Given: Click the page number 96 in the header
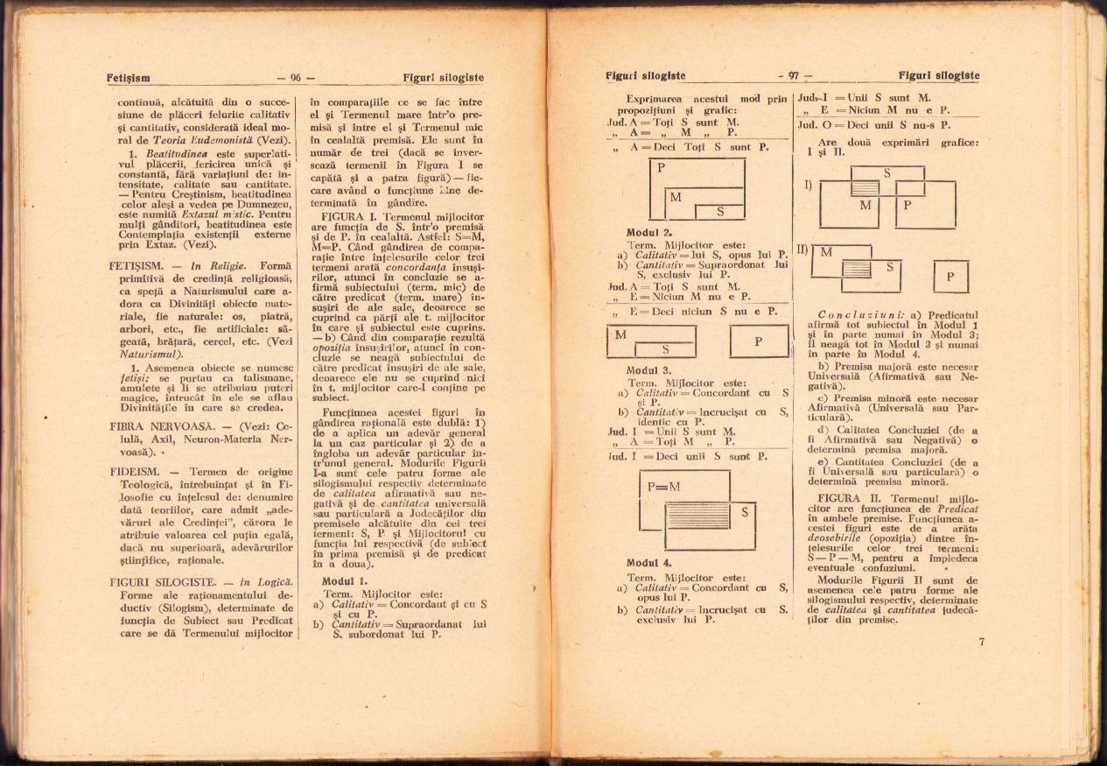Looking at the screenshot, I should pyautogui.click(x=296, y=78).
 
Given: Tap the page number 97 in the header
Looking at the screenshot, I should pyautogui.click(x=794, y=75).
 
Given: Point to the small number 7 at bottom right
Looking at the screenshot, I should pyautogui.click(x=982, y=642).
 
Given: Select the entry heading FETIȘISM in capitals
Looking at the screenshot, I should pyautogui.click(x=138, y=264).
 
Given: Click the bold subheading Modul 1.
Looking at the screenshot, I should pyautogui.click(x=345, y=581).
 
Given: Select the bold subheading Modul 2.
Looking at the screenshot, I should pyautogui.click(x=649, y=233).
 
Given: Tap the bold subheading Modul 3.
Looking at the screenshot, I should pyautogui.click(x=649, y=370).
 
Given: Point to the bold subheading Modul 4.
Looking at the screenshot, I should pyautogui.click(x=649, y=563).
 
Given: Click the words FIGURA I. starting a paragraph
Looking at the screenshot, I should pyautogui.click(x=349, y=215).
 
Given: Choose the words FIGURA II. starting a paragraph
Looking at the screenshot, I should pyautogui.click(x=840, y=497).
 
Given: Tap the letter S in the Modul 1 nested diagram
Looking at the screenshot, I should pyautogui.click(x=720, y=211).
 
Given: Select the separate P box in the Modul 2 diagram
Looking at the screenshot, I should pyautogui.click(x=759, y=341).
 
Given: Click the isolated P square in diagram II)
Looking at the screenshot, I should pyautogui.click(x=951, y=277).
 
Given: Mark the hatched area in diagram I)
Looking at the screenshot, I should pyautogui.click(x=865, y=187).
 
